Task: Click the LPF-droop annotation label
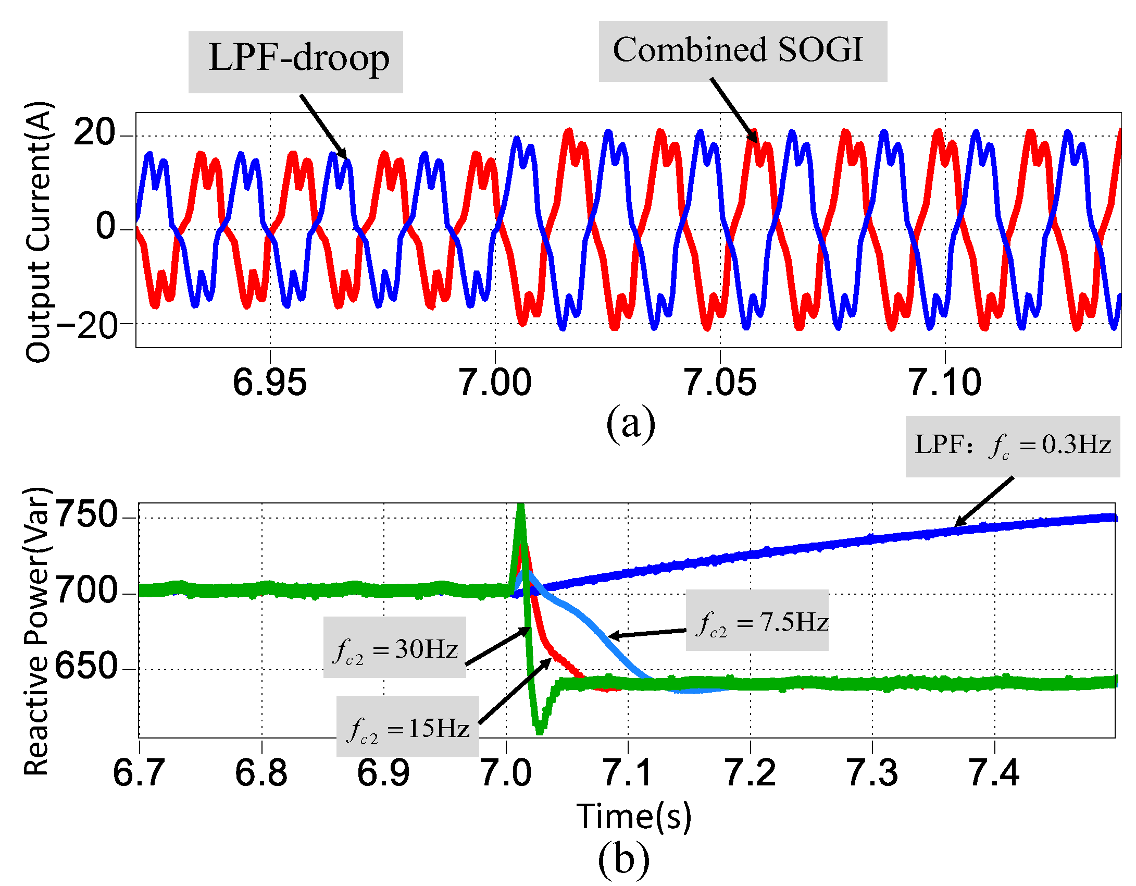(295, 61)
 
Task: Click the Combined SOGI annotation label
(742, 51)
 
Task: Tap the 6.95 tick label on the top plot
(269, 383)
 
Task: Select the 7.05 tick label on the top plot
(720, 383)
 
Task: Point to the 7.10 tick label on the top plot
(944, 383)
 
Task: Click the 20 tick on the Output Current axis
(94, 132)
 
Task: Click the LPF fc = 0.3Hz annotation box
(1013, 446)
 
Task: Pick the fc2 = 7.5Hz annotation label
(757, 620)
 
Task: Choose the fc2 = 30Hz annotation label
(394, 647)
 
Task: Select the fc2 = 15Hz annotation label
(407, 727)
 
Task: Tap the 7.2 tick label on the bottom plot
(750, 773)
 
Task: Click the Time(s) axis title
(634, 816)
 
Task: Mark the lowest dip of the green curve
(539, 731)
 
